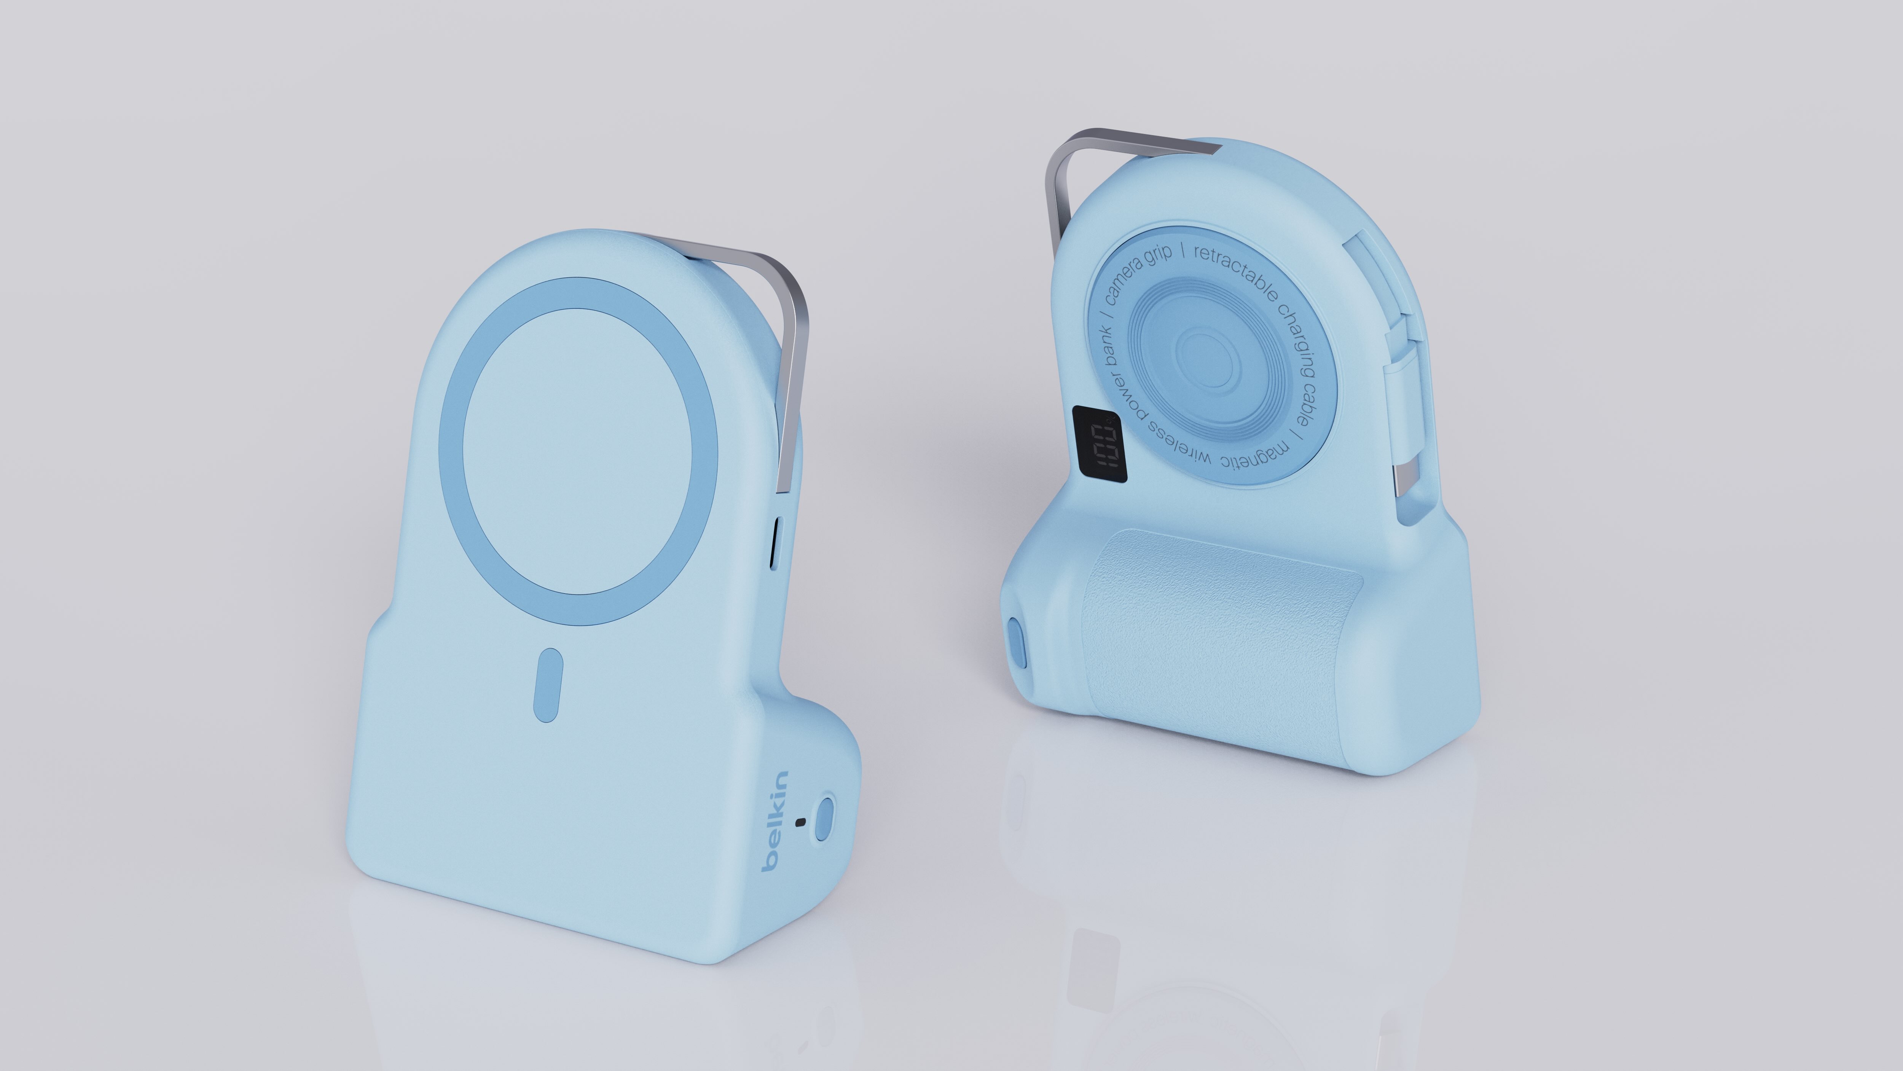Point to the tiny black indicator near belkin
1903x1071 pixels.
[799, 823]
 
